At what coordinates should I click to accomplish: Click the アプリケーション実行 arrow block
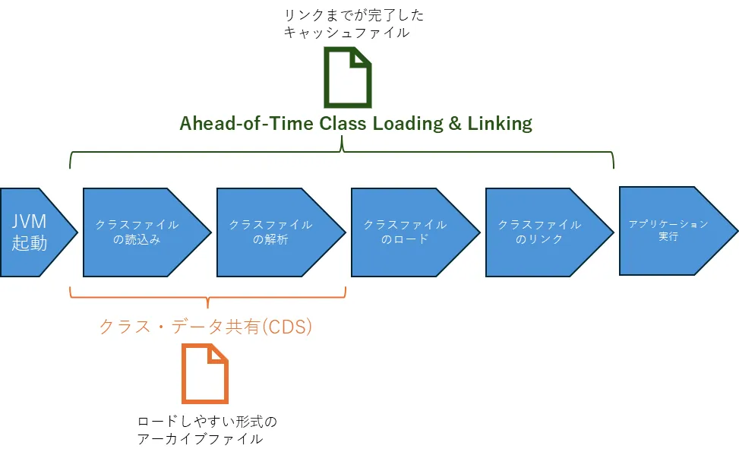[672, 231]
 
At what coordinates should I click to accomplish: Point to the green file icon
[348, 77]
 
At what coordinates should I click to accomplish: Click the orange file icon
[205, 373]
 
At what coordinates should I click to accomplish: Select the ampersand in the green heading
[455, 124]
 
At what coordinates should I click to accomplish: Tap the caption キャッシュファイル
[346, 33]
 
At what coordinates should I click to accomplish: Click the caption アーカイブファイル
[201, 438]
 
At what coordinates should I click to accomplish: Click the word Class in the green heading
[339, 124]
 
